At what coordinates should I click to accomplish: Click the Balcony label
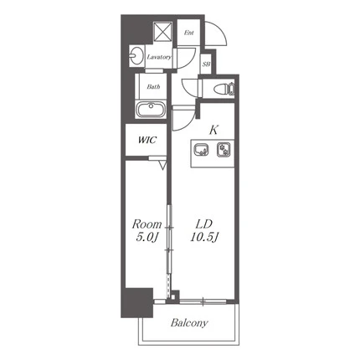pos(189,323)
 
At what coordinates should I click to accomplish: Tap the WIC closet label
pos(147,140)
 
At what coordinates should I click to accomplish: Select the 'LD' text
pos(204,224)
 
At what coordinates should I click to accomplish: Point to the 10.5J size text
pos(204,237)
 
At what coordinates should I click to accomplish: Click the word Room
pos(147,224)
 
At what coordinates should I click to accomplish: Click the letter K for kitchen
pos(213,130)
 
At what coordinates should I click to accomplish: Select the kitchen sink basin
pos(201,149)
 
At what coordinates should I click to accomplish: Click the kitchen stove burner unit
pos(224,149)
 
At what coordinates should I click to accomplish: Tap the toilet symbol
pos(224,89)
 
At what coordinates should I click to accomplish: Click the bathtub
pos(151,110)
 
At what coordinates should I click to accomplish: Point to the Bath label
pos(153,87)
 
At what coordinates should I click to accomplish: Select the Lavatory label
pos(159,57)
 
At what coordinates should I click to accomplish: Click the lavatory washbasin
pos(136,56)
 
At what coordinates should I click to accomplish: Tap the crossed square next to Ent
pos(162,32)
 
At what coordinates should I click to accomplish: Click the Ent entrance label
pos(188,33)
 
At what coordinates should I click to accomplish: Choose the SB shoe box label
pos(206,64)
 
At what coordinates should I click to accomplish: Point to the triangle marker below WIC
pos(162,167)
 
